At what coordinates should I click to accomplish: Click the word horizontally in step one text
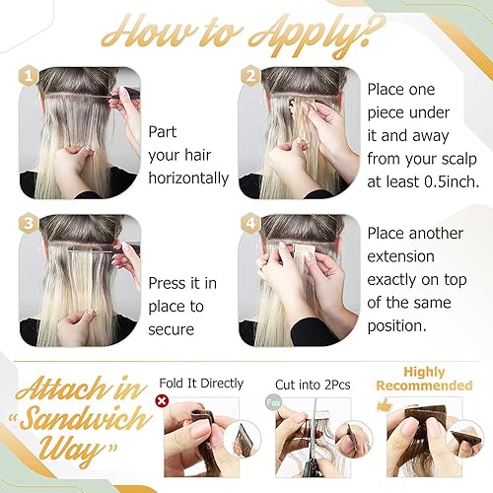(x=187, y=178)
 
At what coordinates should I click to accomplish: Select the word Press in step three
(x=171, y=283)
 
